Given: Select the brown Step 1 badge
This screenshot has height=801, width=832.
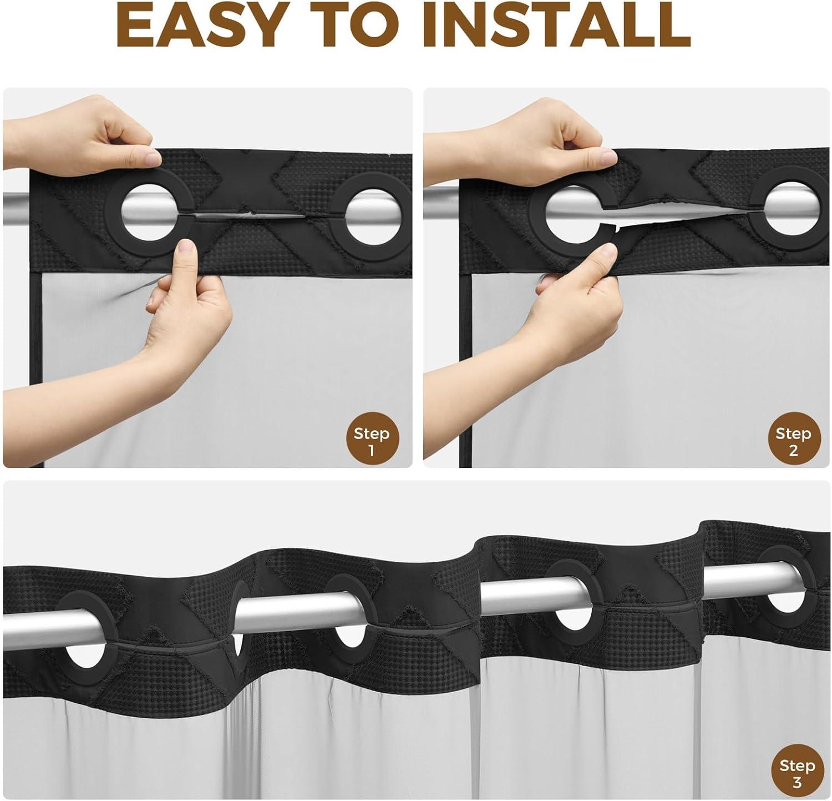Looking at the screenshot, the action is tap(371, 441).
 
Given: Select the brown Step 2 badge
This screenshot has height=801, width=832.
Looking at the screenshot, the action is tap(793, 441).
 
